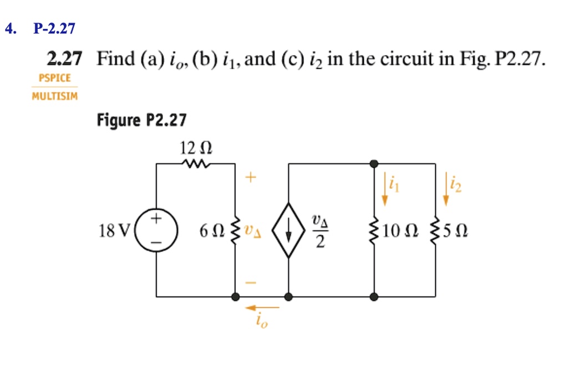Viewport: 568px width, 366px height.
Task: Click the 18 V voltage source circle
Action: pyautogui.click(x=156, y=230)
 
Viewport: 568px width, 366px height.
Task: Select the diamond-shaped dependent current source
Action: pyautogui.click(x=288, y=230)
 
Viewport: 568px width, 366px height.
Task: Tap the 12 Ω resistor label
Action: pyautogui.click(x=196, y=148)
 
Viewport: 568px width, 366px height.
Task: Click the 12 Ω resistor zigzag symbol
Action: pyautogui.click(x=196, y=164)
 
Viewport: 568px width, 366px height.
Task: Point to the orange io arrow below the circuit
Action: pyautogui.click(x=263, y=307)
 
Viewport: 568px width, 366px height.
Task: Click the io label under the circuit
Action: pyautogui.click(x=261, y=322)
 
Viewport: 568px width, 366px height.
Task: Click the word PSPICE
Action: pyautogui.click(x=54, y=78)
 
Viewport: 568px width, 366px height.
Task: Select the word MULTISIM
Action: pyautogui.click(x=54, y=96)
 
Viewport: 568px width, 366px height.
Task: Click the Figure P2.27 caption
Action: pyautogui.click(x=142, y=120)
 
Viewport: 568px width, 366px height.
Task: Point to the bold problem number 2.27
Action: pyautogui.click(x=64, y=58)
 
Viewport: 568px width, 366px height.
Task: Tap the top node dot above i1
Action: pyautogui.click(x=375, y=164)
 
